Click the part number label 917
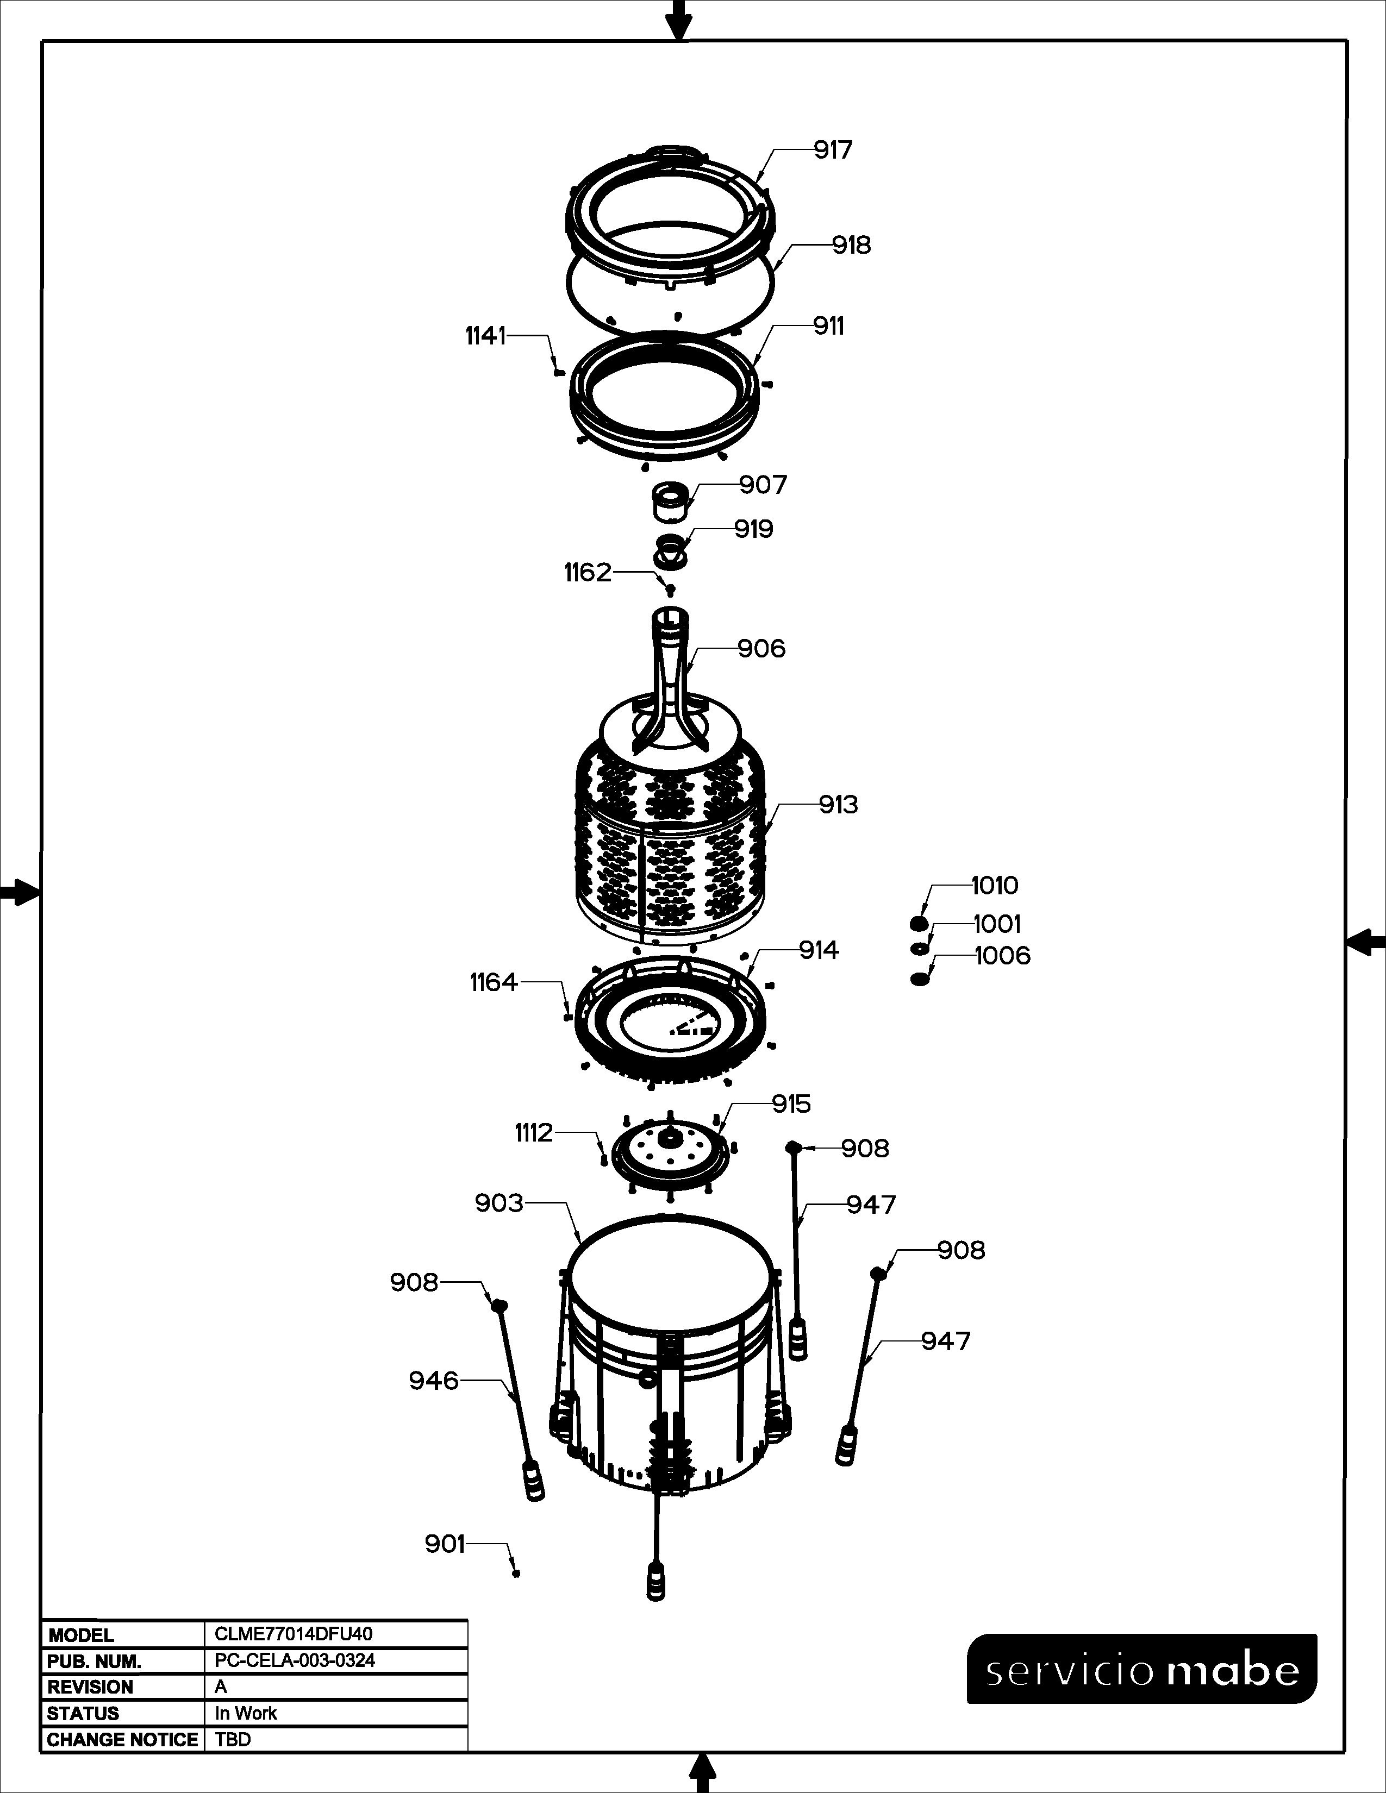tap(833, 151)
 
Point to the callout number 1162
tap(588, 572)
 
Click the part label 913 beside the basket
tap(838, 805)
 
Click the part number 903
tap(498, 1203)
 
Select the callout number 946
tap(434, 1381)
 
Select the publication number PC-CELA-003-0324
tap(295, 1660)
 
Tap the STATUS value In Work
tap(246, 1713)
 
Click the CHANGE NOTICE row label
tap(122, 1740)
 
